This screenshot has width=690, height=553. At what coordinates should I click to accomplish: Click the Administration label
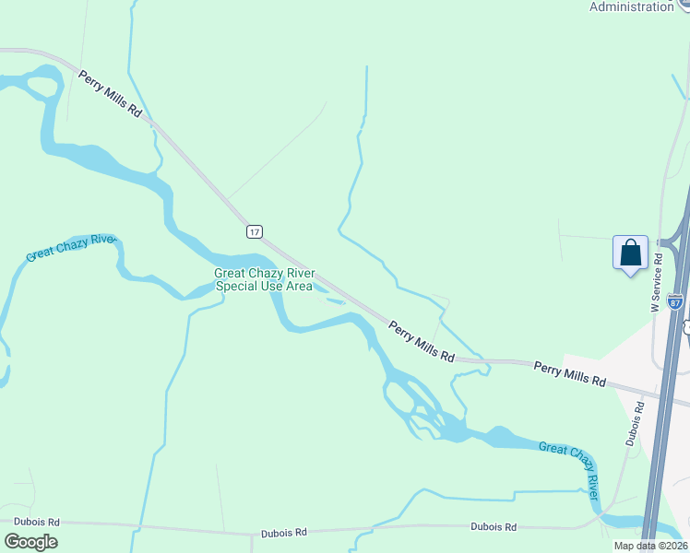[632, 6]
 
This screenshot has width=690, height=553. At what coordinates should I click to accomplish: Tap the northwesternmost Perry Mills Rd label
[111, 93]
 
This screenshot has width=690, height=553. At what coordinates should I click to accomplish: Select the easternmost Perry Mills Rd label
[569, 374]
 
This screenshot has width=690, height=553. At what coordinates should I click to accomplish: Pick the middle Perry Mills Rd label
[422, 341]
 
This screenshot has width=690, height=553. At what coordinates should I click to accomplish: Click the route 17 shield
[256, 231]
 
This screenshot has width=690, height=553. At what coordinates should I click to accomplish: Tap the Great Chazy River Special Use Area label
[264, 279]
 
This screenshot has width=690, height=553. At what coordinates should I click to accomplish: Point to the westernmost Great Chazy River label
[71, 247]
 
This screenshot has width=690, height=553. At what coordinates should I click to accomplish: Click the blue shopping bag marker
[630, 253]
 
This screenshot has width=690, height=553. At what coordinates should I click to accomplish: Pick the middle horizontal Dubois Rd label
[282, 532]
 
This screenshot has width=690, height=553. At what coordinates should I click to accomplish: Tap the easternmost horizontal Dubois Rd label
[493, 526]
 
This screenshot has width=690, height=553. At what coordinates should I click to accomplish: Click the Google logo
[30, 542]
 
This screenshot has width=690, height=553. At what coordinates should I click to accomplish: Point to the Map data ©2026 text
[649, 546]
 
